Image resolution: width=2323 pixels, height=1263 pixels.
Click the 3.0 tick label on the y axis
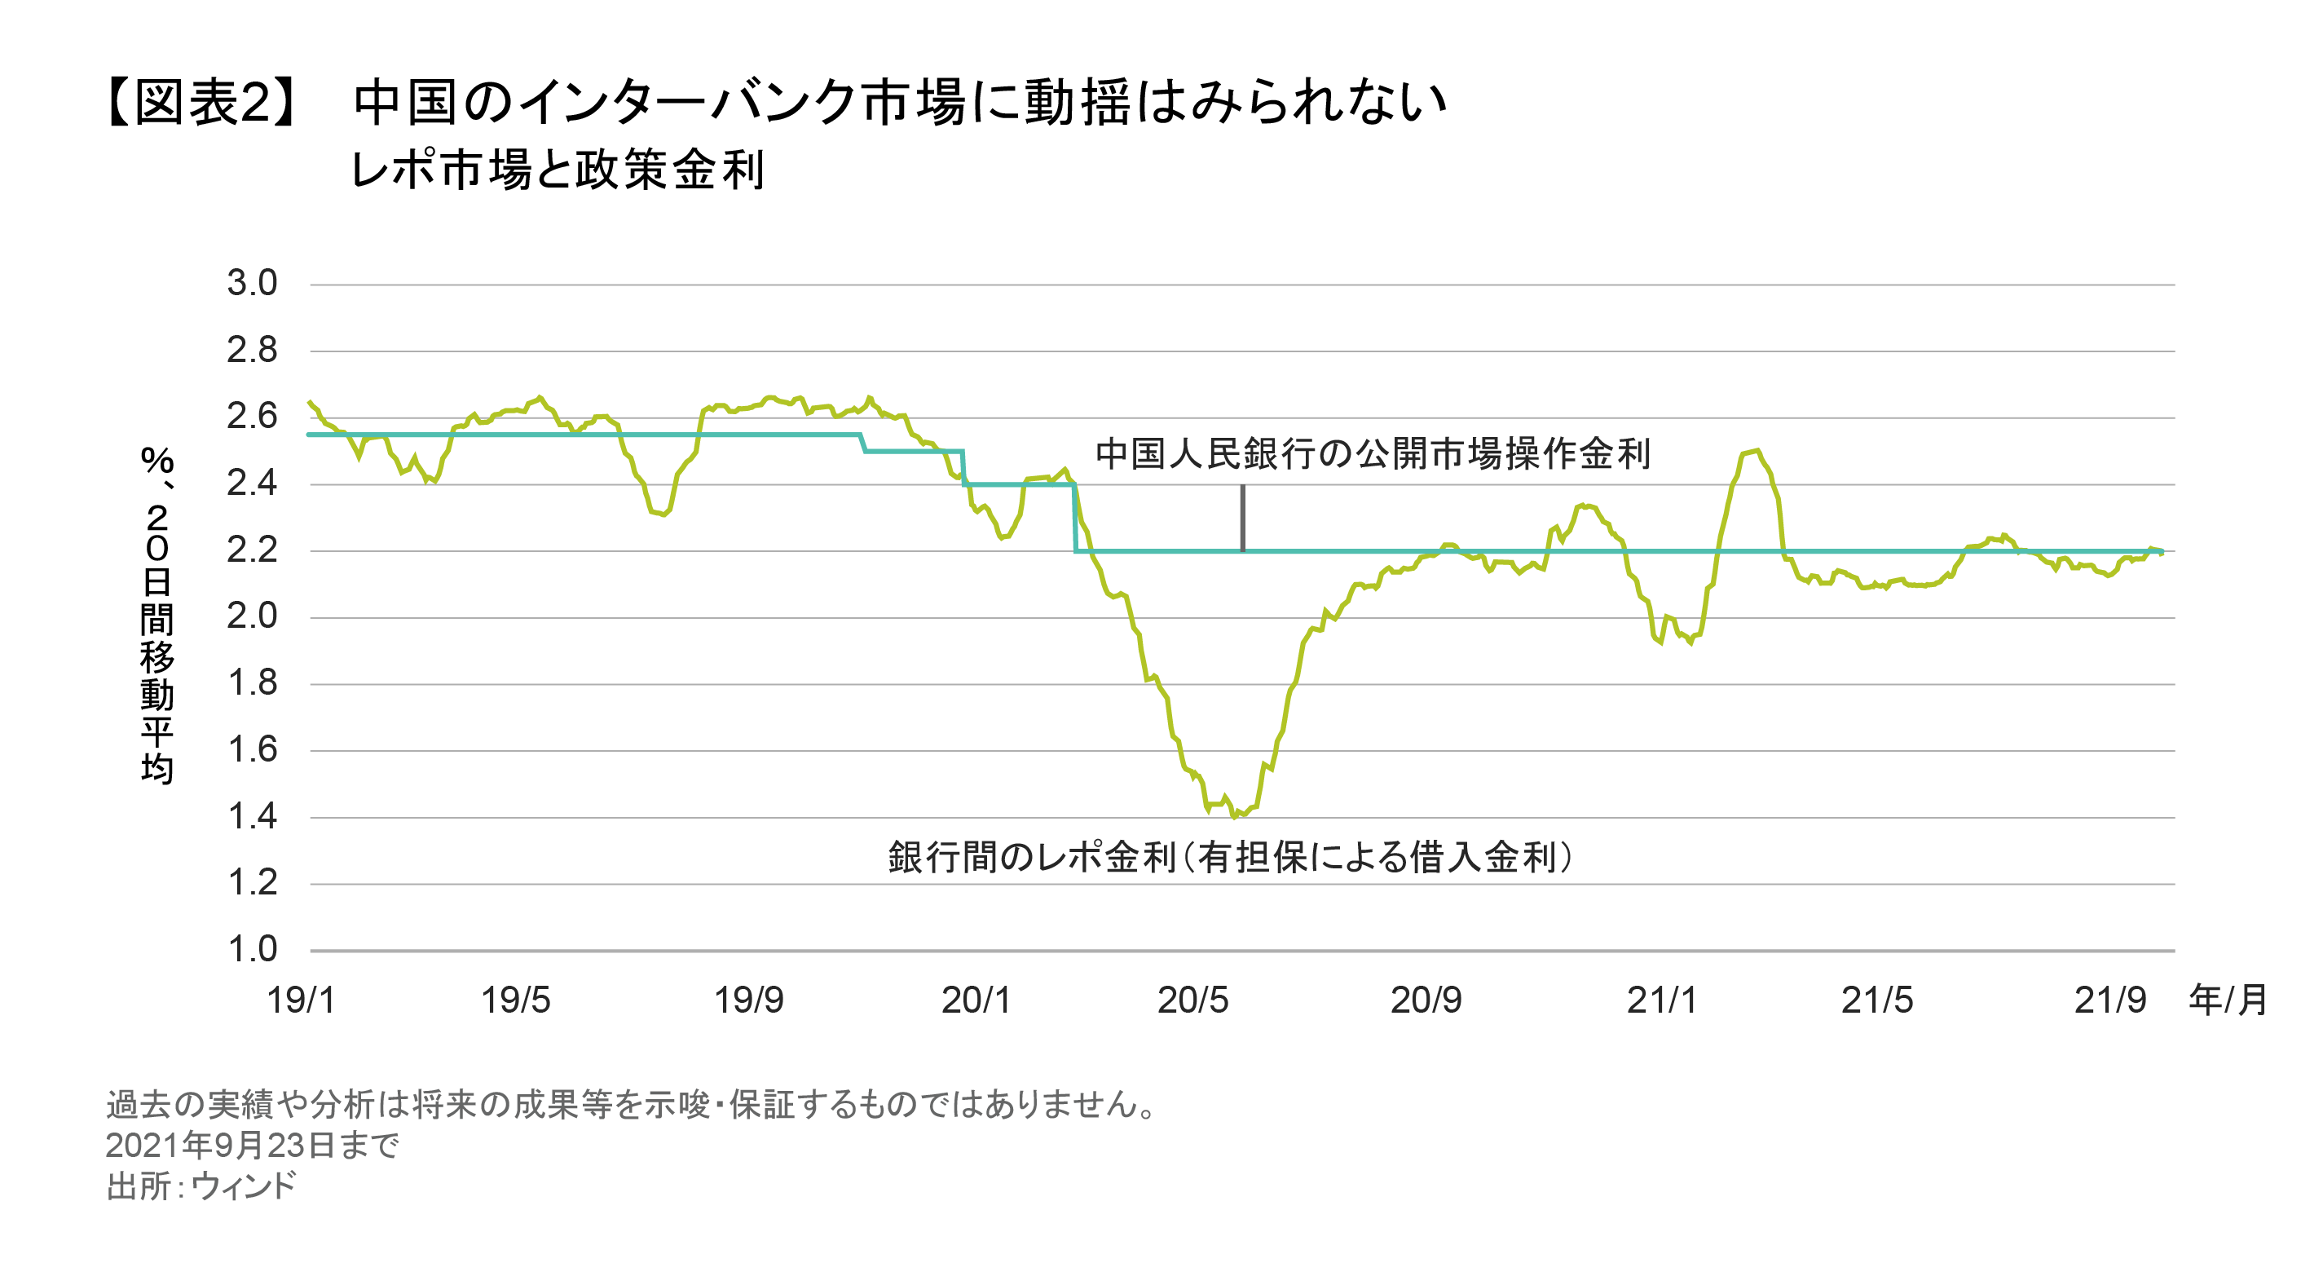pos(252,283)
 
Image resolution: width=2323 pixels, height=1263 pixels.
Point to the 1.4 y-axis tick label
pos(252,816)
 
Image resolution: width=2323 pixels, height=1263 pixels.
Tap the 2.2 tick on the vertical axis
pos(252,550)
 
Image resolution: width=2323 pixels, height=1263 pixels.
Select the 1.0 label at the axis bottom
pos(252,949)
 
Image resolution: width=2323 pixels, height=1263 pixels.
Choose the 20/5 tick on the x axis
pos(1192,1000)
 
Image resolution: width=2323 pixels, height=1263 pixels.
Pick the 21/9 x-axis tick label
pos(2109,1000)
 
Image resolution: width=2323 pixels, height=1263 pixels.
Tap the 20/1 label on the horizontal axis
pos(976,1000)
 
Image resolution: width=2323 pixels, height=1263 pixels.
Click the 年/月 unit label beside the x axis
pos(2228,1000)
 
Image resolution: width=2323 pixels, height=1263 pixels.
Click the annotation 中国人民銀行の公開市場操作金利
pos(1373,454)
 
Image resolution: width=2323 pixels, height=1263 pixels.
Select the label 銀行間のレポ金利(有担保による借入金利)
pos(1230,857)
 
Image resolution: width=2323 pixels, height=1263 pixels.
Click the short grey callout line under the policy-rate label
pos(1243,517)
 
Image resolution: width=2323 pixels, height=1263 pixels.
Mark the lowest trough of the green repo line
pos(1234,816)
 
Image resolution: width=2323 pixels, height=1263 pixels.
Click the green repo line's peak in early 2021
pos(1757,450)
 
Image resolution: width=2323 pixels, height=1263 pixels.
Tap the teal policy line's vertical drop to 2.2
pos(1075,519)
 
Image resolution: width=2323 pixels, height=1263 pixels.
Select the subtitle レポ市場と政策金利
pos(558,170)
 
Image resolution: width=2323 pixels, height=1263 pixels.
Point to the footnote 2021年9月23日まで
pos(252,1146)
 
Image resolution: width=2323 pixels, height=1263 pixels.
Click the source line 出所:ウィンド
pos(201,1186)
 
